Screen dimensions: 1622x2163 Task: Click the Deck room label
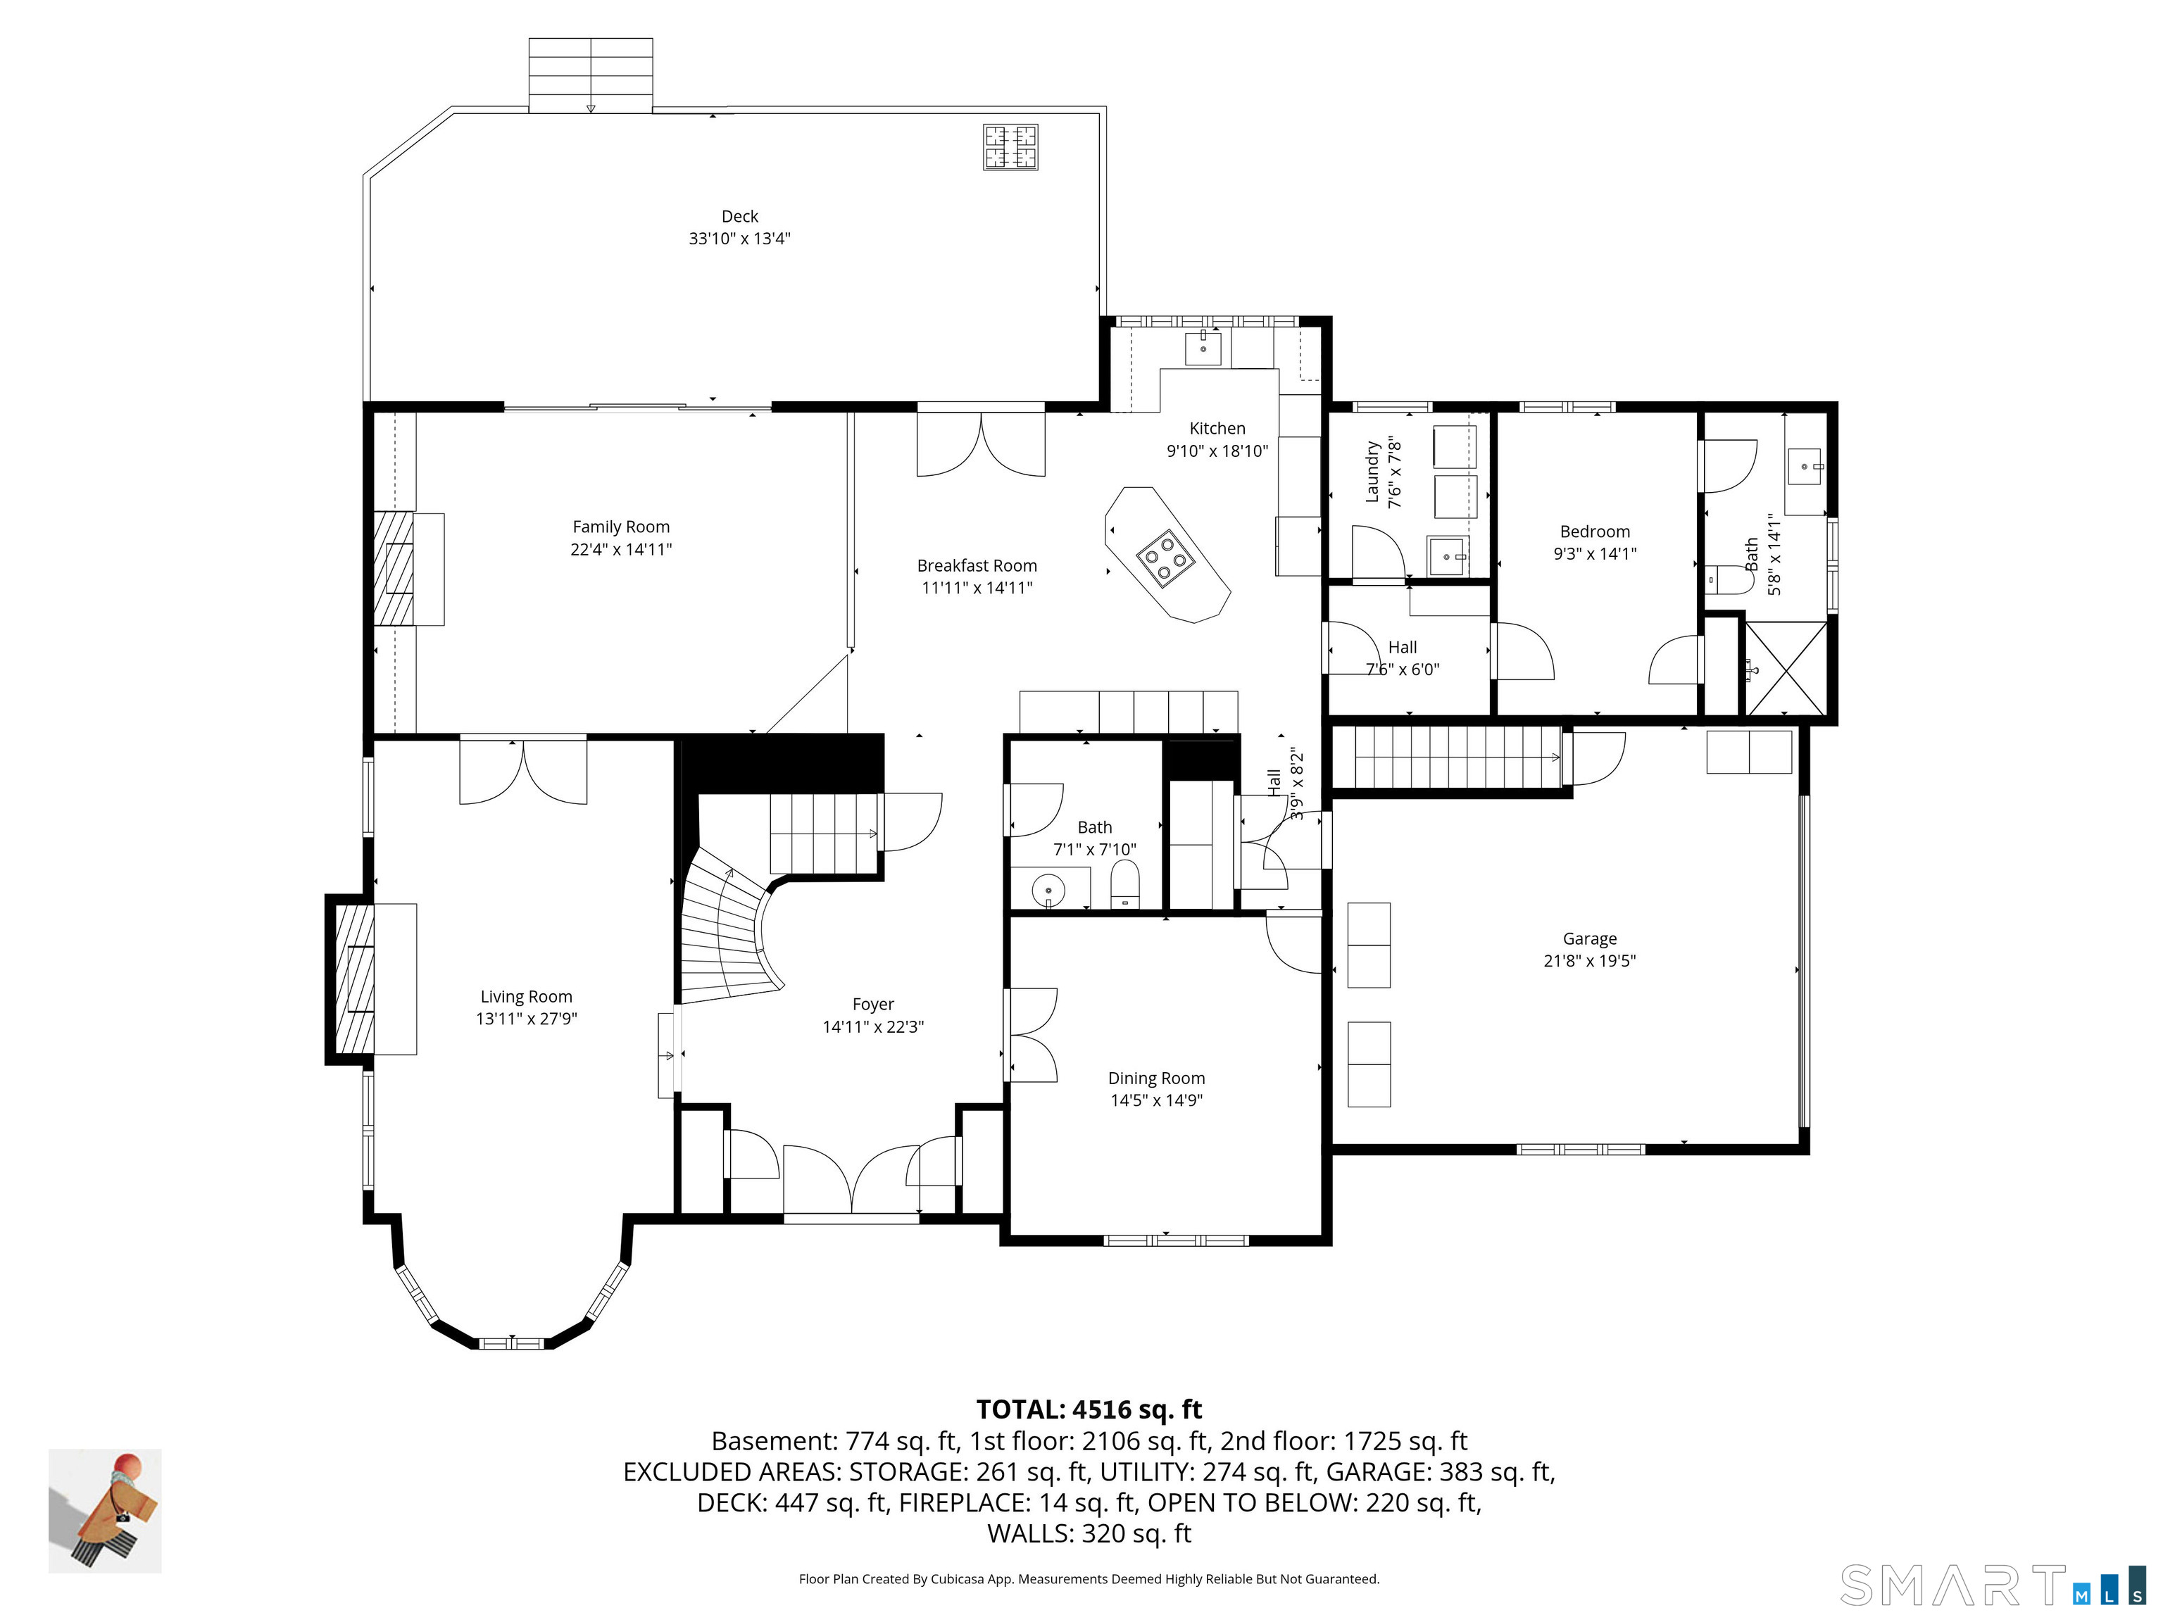tap(739, 216)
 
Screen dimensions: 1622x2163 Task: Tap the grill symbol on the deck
tap(1010, 148)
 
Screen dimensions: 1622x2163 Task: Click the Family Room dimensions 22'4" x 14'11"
tap(621, 549)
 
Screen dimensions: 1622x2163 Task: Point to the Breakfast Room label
tap(976, 565)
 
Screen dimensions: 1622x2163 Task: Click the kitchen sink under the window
tap(1203, 348)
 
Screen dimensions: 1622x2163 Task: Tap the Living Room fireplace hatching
tap(354, 978)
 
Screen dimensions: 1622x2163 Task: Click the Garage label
tap(1589, 938)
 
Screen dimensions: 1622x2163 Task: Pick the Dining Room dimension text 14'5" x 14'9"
tap(1156, 1100)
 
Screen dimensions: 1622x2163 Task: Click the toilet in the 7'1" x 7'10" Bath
tap(1125, 885)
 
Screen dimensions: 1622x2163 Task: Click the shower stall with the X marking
tap(1786, 668)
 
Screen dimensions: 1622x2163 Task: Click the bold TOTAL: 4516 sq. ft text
tap(1089, 1409)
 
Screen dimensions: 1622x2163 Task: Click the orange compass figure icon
tap(106, 1511)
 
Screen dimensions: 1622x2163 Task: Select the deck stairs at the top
tap(591, 75)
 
